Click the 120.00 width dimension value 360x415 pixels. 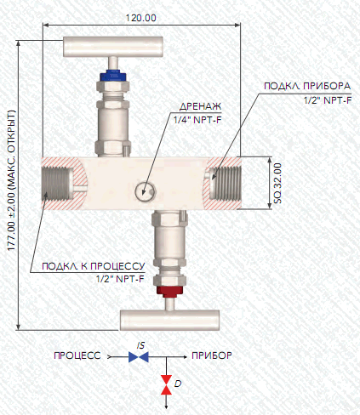tap(140, 18)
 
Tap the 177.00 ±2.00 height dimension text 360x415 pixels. tap(12, 180)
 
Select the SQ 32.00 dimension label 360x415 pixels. tap(277, 183)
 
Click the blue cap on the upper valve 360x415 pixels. tap(113, 76)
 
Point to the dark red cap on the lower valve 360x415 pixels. tap(169, 291)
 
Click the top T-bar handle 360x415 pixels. tap(113, 46)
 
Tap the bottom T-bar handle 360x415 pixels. tap(169, 320)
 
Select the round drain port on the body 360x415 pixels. tap(145, 191)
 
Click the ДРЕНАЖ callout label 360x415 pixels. tap(200, 106)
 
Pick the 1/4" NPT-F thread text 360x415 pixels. tap(197, 120)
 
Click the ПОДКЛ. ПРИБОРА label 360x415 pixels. tap(307, 86)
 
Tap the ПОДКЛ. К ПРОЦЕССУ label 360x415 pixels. tap(94, 266)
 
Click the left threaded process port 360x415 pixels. tap(56, 183)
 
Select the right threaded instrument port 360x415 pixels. tap(226, 183)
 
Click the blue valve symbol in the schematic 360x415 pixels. tap(139, 357)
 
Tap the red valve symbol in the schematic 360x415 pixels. tap(166, 384)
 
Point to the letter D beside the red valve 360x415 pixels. tap(178, 384)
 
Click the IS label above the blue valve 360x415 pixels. tap(140, 345)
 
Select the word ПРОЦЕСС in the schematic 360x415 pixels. tap(77, 355)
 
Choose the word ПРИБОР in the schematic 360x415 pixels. tap(212, 355)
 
